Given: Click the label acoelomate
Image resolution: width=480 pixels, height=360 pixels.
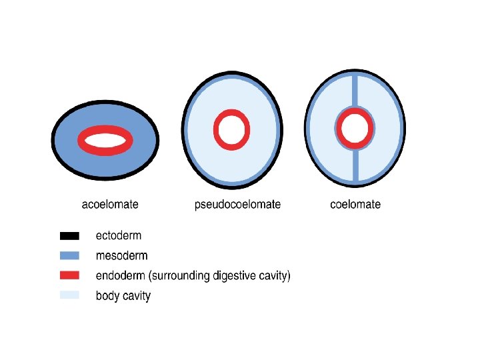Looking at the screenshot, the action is [x=110, y=205].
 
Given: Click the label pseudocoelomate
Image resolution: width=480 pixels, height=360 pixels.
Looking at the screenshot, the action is [x=237, y=205].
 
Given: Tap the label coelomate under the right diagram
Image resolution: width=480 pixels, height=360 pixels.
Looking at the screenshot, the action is [x=355, y=205].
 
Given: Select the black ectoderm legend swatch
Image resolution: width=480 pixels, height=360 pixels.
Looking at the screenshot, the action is [x=69, y=235].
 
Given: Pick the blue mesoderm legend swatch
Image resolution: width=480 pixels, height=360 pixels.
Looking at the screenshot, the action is [x=69, y=255].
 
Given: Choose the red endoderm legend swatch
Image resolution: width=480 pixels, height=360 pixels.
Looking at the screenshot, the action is [x=69, y=275].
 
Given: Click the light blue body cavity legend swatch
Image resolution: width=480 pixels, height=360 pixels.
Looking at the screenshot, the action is [x=69, y=295].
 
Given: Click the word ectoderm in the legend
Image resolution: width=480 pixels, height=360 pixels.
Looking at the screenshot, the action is [x=119, y=235].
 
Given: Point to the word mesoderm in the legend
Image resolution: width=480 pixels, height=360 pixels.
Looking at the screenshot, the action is [x=121, y=255].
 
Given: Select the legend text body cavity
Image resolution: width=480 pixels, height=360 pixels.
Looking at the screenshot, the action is [x=123, y=295].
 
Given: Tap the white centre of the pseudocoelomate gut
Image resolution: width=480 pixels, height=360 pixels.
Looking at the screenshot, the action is [x=231, y=128].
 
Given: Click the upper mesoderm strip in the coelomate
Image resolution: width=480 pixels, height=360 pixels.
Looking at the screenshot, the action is [x=355, y=89].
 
